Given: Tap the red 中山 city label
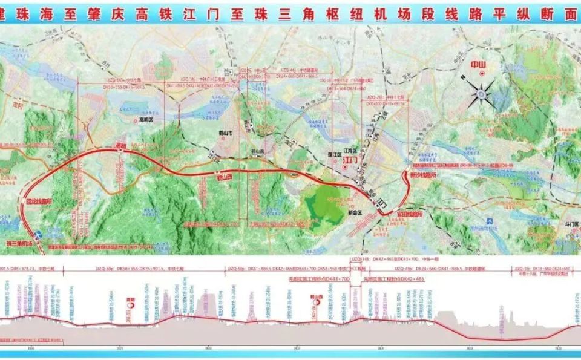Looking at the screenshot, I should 482,64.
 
